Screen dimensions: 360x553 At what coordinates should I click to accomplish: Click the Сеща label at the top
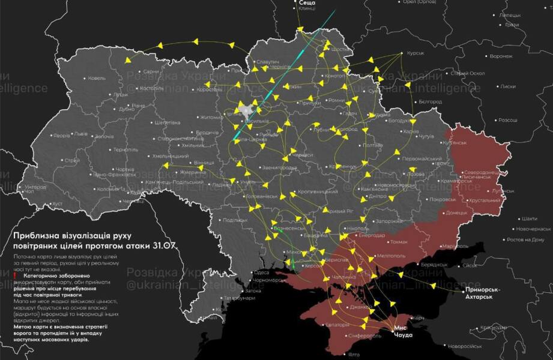[x=307, y=3]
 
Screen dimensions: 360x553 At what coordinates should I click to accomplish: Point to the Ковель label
[x=96, y=78]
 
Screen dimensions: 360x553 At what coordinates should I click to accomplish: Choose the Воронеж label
[x=501, y=56]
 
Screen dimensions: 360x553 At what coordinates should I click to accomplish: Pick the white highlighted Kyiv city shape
[x=247, y=109]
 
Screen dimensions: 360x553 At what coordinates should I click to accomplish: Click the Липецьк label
[x=510, y=14]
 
